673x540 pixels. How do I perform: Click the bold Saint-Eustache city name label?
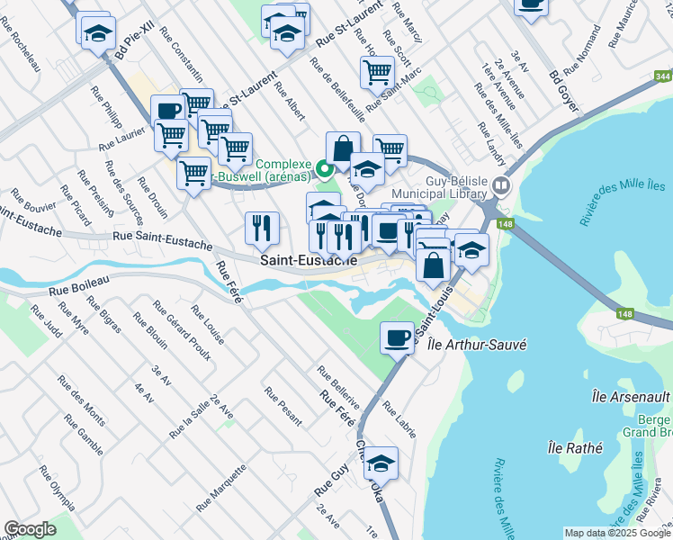click(x=310, y=260)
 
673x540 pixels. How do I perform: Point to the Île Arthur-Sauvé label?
click(x=463, y=345)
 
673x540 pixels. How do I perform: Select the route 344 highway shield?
click(x=662, y=77)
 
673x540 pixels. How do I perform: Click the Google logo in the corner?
click(x=30, y=528)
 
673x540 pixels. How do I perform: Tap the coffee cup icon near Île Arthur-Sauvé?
click(x=398, y=338)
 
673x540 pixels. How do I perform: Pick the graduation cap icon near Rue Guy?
click(x=381, y=463)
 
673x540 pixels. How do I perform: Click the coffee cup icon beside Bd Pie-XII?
click(x=167, y=112)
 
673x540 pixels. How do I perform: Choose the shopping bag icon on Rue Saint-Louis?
click(x=434, y=265)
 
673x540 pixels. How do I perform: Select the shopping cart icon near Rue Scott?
click(x=377, y=72)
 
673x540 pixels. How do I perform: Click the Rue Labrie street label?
click(x=399, y=419)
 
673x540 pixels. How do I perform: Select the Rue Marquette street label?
click(x=229, y=483)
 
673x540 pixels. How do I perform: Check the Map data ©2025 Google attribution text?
click(x=616, y=533)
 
